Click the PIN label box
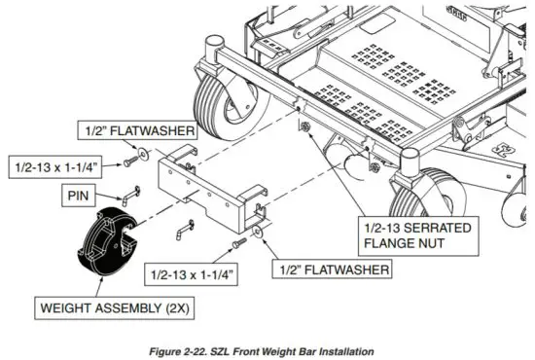78,196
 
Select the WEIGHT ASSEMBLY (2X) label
115,308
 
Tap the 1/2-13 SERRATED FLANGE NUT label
418,235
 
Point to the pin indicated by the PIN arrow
129,196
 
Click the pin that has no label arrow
185,230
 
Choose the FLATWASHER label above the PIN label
137,130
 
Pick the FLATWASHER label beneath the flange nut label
332,270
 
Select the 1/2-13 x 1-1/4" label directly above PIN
54,167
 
